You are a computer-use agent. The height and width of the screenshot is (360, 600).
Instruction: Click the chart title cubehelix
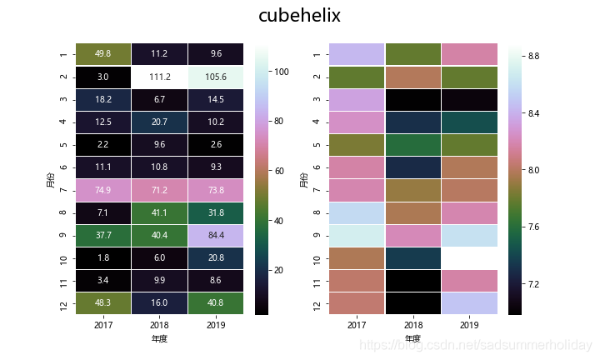click(x=299, y=16)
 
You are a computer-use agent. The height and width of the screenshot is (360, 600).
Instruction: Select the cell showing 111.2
click(x=161, y=76)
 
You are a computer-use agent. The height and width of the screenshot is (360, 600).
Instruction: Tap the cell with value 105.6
click(x=217, y=76)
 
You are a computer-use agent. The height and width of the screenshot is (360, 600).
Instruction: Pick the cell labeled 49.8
click(x=103, y=53)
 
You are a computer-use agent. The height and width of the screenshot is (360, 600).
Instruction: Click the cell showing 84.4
click(x=217, y=236)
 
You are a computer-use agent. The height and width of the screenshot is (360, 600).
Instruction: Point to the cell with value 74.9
click(x=103, y=190)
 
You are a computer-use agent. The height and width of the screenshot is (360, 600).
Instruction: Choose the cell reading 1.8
click(x=103, y=258)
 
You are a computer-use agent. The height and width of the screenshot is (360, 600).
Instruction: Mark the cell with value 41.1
click(x=161, y=212)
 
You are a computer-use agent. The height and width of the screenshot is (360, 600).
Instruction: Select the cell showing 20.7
click(x=161, y=122)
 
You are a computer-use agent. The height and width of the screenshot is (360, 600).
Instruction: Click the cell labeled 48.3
click(x=103, y=304)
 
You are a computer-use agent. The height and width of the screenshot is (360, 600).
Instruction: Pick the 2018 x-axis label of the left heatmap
click(x=161, y=326)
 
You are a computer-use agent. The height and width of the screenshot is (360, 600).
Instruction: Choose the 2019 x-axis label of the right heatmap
click(x=470, y=326)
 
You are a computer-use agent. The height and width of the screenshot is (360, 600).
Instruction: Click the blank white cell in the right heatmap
click(x=470, y=258)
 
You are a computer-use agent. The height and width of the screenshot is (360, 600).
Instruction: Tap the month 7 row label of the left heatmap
click(x=63, y=190)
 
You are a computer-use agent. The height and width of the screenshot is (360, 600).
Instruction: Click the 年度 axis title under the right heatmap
click(x=412, y=339)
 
